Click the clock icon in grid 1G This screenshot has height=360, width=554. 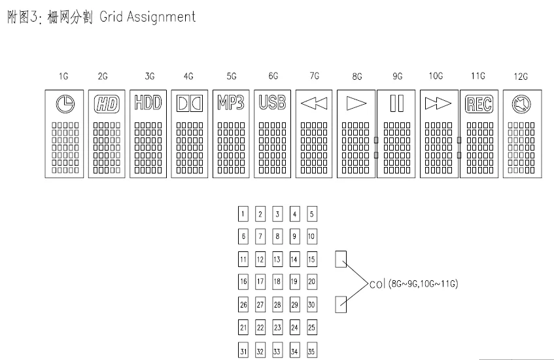click(x=65, y=104)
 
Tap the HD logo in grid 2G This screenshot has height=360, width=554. click(x=107, y=104)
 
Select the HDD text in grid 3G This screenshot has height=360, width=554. click(x=148, y=103)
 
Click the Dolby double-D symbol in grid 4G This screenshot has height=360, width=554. click(x=190, y=103)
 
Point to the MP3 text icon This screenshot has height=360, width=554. click(x=231, y=103)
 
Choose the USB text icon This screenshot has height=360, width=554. click(x=272, y=103)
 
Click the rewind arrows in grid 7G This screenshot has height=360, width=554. click(x=314, y=103)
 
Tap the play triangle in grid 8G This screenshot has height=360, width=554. click(x=356, y=103)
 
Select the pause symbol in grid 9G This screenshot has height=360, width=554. click(x=397, y=103)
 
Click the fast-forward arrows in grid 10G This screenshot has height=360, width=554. click(x=438, y=103)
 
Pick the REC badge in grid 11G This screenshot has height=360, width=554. click(x=479, y=104)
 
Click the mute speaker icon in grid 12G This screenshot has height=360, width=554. click(x=521, y=104)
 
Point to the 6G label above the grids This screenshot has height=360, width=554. click(x=273, y=76)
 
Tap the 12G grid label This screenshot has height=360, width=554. click(x=521, y=77)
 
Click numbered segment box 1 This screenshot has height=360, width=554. click(x=243, y=214)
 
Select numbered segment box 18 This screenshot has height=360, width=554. click(x=277, y=281)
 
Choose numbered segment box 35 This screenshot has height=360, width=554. click(x=311, y=351)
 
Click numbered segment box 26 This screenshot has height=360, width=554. click(x=243, y=304)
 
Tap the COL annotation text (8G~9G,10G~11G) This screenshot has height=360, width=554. click(x=414, y=284)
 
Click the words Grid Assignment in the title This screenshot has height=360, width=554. click(x=147, y=16)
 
